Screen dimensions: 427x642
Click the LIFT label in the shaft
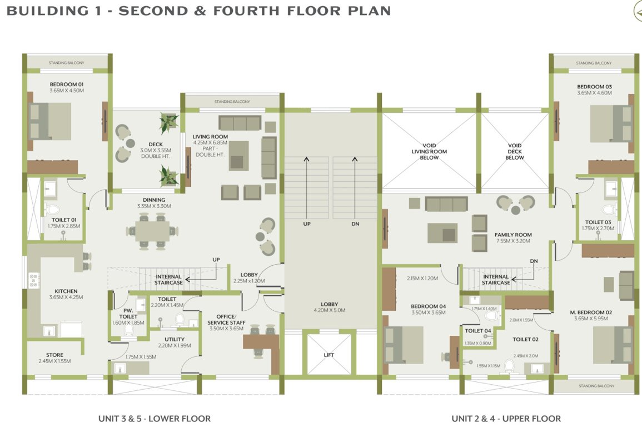click(x=329, y=355)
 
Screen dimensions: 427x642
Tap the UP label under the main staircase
click(x=306, y=224)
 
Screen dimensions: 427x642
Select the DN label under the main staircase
click(x=355, y=224)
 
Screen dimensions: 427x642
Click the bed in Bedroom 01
click(x=50, y=121)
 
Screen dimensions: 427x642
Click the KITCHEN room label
click(x=66, y=291)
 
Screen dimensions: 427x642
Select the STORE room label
click(x=54, y=355)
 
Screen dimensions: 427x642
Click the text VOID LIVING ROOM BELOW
click(x=429, y=151)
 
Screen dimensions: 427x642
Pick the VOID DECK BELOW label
click(x=515, y=151)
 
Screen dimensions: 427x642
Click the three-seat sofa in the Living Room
click(x=240, y=123)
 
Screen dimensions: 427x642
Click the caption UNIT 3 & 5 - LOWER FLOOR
click(x=154, y=419)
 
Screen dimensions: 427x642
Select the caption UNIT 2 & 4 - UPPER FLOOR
click(x=506, y=419)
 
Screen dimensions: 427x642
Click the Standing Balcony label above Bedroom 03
click(x=594, y=63)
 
